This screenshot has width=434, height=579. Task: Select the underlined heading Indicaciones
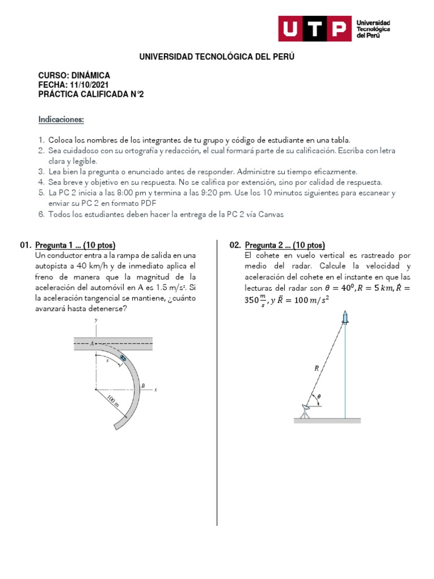(x=61, y=120)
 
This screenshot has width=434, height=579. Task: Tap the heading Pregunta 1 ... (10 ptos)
(x=75, y=245)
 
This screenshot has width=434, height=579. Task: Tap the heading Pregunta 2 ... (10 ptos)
(x=285, y=245)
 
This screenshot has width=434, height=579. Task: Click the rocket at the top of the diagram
(x=345, y=318)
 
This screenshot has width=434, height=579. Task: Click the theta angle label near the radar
(x=319, y=397)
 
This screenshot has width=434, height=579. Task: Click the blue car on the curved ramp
(x=123, y=357)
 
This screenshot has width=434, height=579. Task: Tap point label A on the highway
(x=92, y=343)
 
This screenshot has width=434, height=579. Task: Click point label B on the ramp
(x=144, y=386)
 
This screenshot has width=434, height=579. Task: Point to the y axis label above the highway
(x=97, y=320)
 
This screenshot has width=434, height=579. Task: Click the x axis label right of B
(x=155, y=390)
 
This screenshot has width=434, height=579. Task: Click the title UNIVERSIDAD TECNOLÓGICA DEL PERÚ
(x=217, y=57)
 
